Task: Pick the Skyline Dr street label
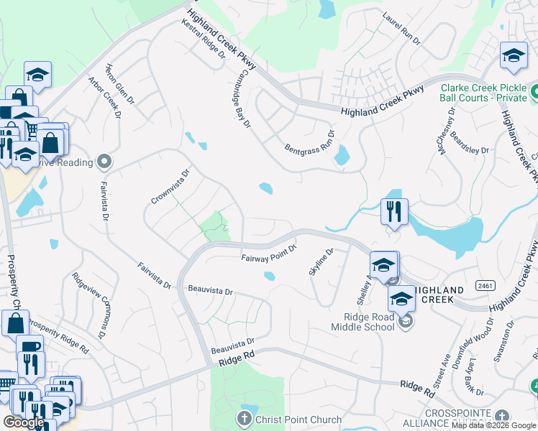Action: (x=321, y=261)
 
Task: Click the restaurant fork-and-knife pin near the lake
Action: (x=393, y=211)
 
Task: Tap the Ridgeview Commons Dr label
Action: (x=88, y=305)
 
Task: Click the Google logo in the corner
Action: (x=24, y=422)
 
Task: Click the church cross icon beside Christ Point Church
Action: (x=245, y=418)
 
